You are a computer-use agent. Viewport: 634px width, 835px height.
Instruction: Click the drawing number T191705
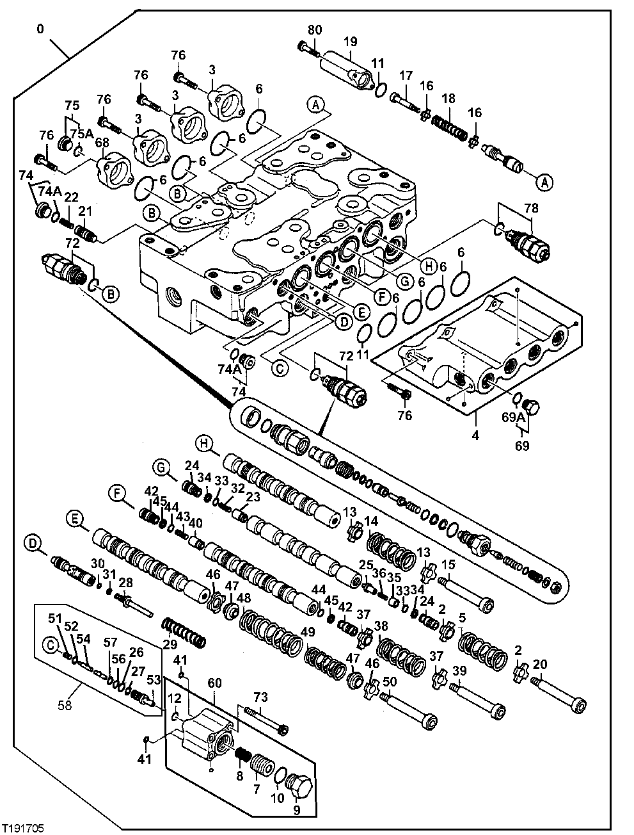point(24,827)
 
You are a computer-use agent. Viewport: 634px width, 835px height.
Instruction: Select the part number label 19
point(350,42)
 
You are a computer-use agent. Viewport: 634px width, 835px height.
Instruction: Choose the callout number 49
point(308,632)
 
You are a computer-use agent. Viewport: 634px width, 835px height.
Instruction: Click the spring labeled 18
point(451,121)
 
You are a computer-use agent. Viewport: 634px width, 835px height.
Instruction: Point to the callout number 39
point(459,670)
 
